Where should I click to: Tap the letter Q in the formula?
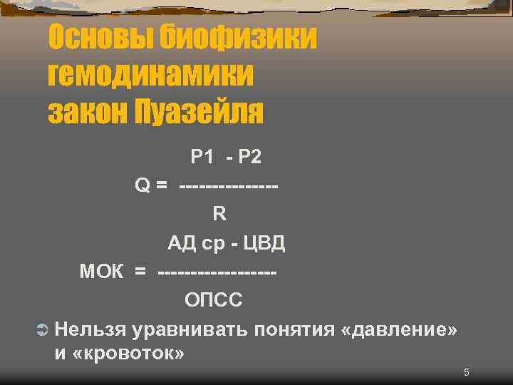[142, 185]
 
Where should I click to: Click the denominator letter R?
[219, 214]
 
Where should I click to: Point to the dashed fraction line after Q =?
[229, 185]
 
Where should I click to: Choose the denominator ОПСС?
[214, 300]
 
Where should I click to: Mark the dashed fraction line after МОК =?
[217, 272]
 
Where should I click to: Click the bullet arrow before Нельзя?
[41, 329]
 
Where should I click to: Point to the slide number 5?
[466, 372]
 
